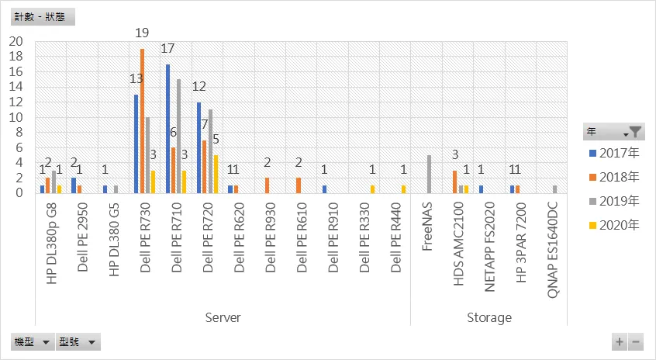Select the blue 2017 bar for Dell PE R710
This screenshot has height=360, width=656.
coord(168,129)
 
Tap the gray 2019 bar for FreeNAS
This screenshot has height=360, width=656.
coord(429,174)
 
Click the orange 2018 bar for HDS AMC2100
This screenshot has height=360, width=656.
coord(454,182)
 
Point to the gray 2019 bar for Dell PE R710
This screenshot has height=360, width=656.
coord(179,137)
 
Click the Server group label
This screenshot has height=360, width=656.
coord(223,317)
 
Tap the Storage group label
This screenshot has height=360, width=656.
coord(489,317)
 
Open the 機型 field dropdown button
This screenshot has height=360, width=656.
coord(46,341)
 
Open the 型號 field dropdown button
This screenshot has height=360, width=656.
coord(91,341)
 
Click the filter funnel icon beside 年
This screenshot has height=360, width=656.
coord(635,132)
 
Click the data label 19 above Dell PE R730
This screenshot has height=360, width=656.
coord(143,33)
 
